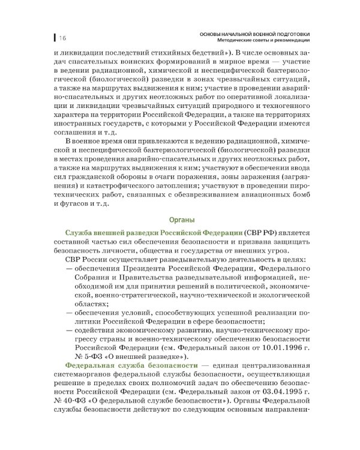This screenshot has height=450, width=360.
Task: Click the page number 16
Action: click(x=62, y=38)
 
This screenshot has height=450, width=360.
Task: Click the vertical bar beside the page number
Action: click(x=55, y=38)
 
